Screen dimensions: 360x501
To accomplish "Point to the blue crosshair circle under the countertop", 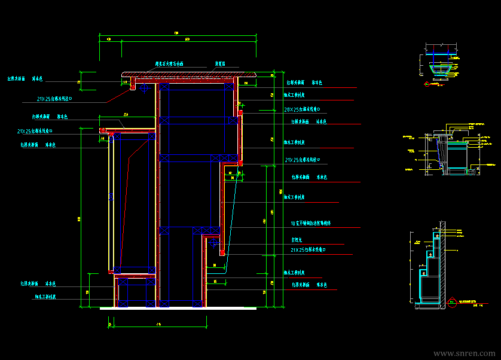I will [144, 87].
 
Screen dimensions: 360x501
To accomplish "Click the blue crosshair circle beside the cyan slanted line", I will [213, 242].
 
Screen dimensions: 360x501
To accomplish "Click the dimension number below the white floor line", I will [158, 324].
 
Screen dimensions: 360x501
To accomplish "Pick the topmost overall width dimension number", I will [176, 32].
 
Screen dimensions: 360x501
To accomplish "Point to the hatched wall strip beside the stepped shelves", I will [442, 263].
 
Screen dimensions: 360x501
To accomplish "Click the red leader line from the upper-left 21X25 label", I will [114, 97].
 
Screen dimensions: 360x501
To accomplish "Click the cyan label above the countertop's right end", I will [220, 63].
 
